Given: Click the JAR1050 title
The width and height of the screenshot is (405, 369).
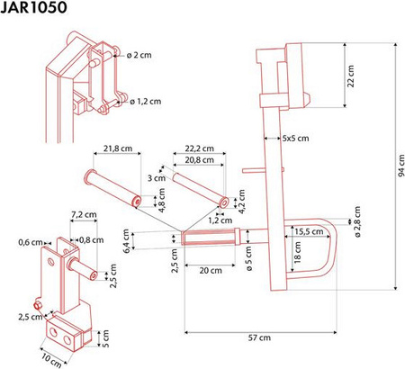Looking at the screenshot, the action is coord(33,7).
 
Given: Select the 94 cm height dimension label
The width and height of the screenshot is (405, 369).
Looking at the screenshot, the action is coord(401,166).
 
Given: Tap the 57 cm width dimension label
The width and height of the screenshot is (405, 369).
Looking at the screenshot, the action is coord(259,337).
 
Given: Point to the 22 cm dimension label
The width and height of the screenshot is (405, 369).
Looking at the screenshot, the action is coord(351,76).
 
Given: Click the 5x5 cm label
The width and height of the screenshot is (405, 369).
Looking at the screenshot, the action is coord(295,139).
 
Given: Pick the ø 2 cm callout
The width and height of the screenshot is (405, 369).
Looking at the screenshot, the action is coord(139,55).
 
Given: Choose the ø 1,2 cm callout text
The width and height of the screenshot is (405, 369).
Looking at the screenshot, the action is coord(146,102).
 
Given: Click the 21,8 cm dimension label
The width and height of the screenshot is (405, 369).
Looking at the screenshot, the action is coord(118,148).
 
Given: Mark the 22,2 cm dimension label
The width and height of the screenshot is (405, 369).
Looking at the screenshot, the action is coord(200,148).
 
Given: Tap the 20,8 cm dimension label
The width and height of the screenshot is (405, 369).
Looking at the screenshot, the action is coord(200,160).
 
